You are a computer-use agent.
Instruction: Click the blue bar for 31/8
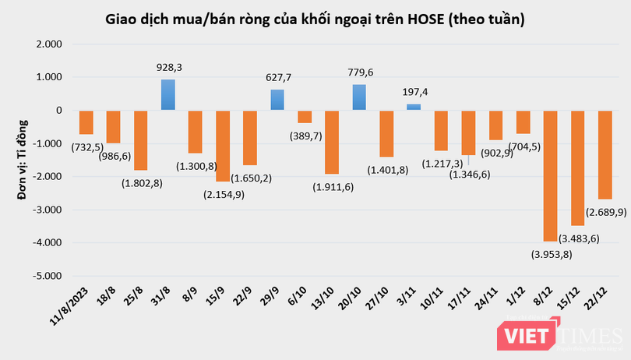[x=167, y=94]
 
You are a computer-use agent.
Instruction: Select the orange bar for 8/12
[x=551, y=175]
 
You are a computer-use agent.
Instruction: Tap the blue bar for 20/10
[x=359, y=97]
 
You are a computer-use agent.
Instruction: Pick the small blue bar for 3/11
[x=414, y=107]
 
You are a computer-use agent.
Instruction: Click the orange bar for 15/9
[x=223, y=146]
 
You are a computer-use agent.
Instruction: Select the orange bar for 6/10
[x=305, y=117]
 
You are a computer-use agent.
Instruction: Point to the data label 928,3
[x=168, y=69]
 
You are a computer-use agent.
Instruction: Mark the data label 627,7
[x=277, y=79]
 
